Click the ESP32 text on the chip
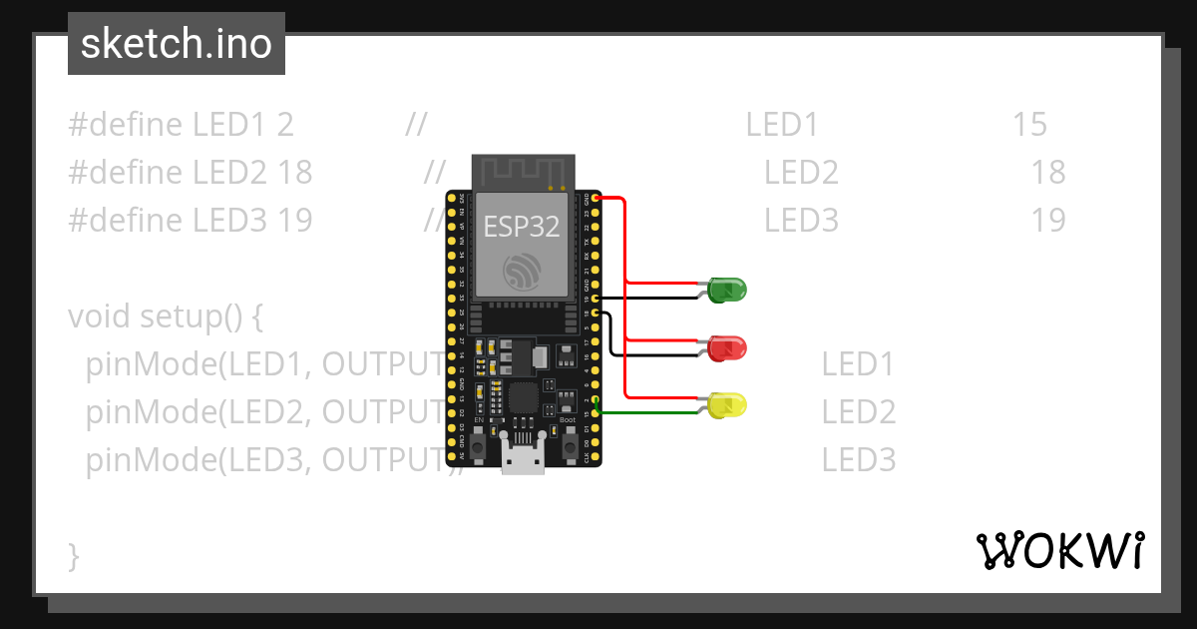point(522,226)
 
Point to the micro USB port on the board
point(523,461)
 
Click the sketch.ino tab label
point(177,44)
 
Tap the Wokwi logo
point(1059,550)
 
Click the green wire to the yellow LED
point(648,412)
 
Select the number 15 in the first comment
point(1029,125)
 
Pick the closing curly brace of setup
point(73,555)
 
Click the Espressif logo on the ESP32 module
point(523,271)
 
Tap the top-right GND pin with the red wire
point(596,198)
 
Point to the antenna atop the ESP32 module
point(524,171)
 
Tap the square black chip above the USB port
point(523,398)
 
